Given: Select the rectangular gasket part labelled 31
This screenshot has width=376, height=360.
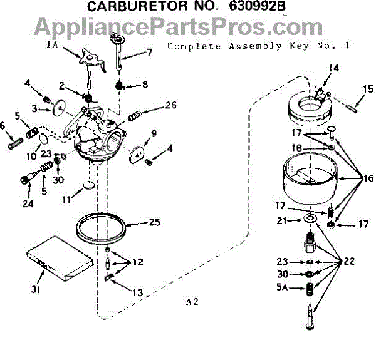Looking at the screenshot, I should point(56,262).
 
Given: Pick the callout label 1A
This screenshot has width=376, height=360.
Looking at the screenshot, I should point(52,44).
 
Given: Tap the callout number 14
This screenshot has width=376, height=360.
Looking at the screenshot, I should point(333,68).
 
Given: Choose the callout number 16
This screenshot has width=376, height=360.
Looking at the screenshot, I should point(366,177).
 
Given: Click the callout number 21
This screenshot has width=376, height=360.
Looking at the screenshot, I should point(283,220).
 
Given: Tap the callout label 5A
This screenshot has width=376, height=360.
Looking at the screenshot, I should point(283,287).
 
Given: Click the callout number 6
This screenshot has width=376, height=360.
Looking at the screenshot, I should point(4,126).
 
